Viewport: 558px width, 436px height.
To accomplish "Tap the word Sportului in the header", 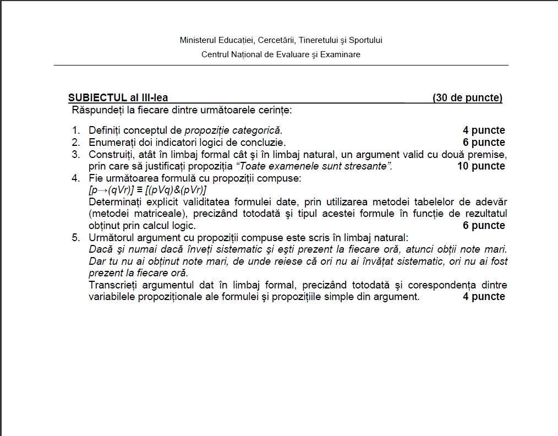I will pos(365,40).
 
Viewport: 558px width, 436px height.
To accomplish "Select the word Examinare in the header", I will pos(342,54).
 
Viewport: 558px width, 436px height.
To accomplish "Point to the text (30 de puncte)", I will pos(467,98).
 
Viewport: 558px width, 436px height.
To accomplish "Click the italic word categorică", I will pos(258,130).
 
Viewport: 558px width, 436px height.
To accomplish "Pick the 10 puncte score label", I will pos(480,166).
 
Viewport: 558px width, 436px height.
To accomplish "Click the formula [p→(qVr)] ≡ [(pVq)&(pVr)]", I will pos(147,190).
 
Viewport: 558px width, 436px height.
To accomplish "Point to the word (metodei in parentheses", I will pos(108,214).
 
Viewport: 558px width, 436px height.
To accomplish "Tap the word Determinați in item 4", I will pos(114,201).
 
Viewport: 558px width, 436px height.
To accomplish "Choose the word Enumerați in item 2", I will pos(112,143).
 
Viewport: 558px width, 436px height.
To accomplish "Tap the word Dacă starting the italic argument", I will pos(100,249).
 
